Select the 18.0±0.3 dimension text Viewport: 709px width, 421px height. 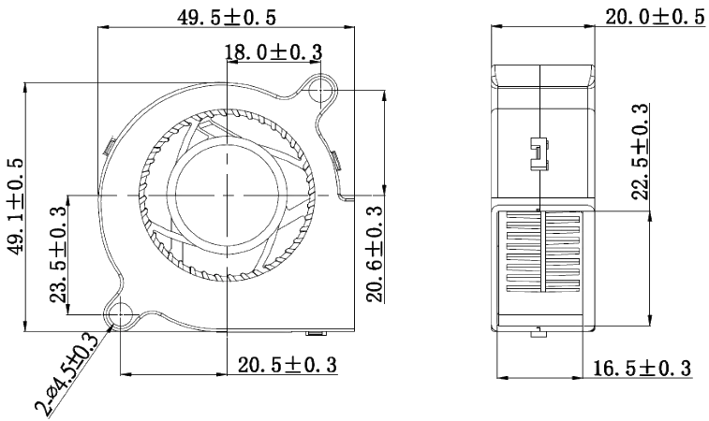[x=272, y=53]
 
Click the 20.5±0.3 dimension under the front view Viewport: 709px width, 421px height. [x=287, y=363]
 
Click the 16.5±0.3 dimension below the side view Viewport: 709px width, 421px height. [x=643, y=369]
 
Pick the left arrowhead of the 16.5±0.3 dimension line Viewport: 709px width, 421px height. [x=500, y=378]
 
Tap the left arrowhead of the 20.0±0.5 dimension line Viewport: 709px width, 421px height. [x=494, y=26]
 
